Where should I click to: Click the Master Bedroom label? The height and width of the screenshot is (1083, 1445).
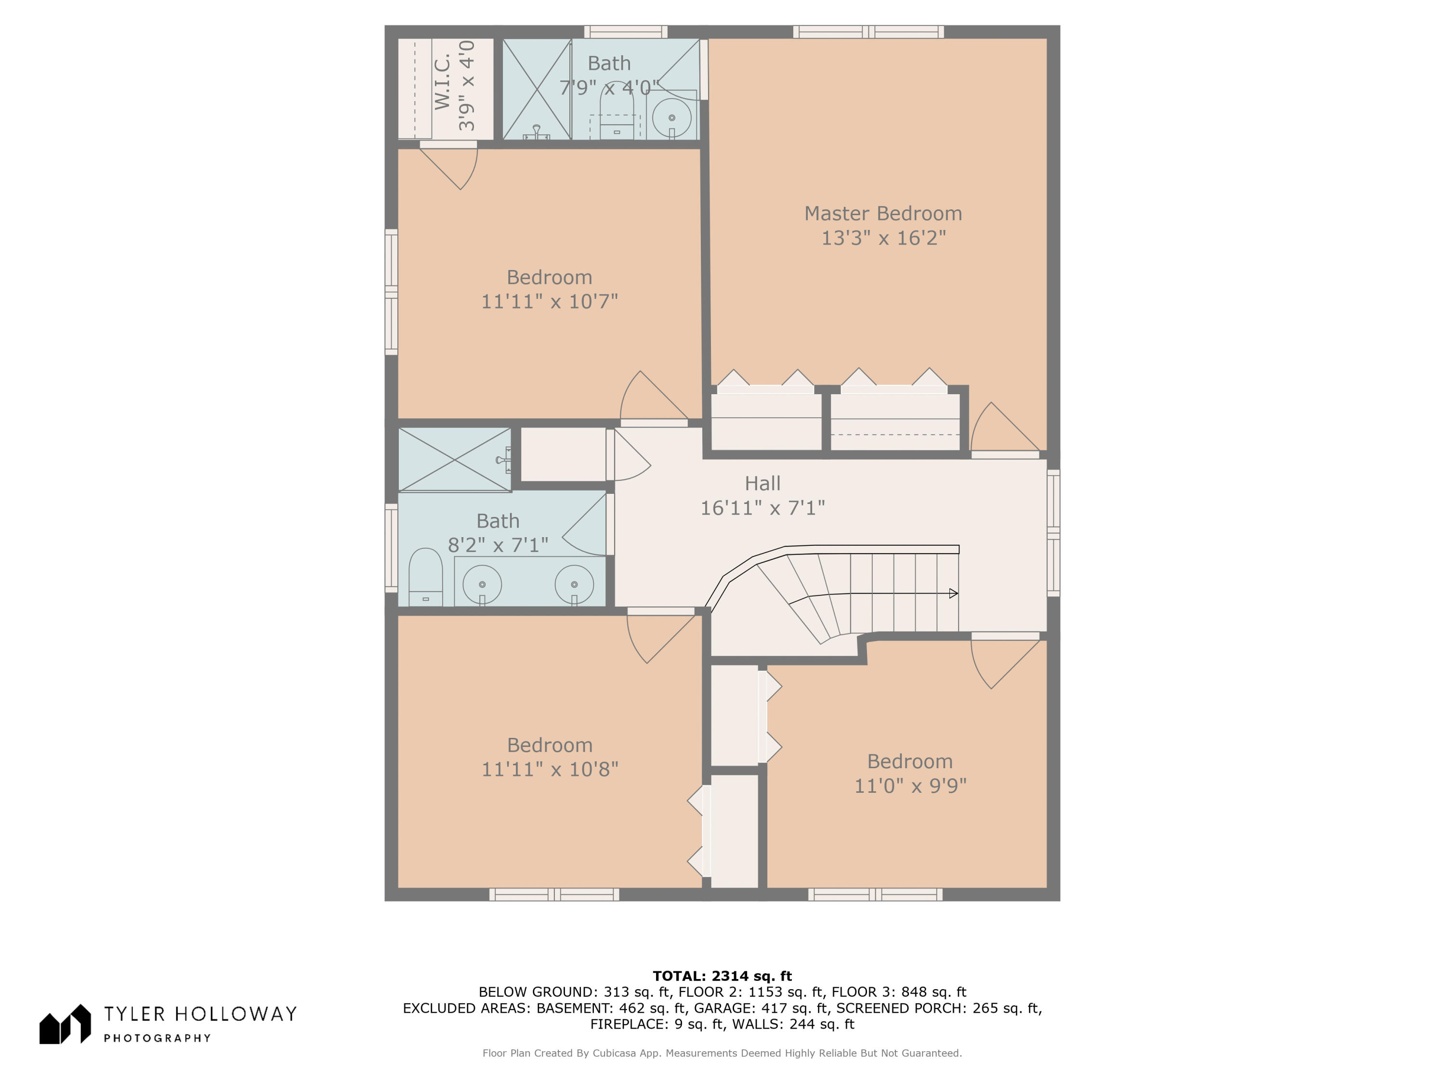point(883,213)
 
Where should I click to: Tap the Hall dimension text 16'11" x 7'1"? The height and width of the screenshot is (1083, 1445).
point(762,508)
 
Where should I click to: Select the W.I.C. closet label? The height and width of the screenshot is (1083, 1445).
point(442,82)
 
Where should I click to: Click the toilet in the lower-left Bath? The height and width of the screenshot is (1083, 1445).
point(425,577)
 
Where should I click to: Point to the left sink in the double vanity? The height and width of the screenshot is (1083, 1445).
point(482,584)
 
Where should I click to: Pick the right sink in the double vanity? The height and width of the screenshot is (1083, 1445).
point(574,584)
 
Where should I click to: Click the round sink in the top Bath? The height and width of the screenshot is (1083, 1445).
point(671,118)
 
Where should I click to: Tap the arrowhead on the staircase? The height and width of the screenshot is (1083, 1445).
point(954,593)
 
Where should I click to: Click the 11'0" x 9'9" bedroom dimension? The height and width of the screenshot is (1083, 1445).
point(910,786)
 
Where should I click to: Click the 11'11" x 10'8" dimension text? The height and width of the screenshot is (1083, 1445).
point(550,769)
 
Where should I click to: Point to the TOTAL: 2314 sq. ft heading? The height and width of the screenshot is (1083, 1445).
point(722,976)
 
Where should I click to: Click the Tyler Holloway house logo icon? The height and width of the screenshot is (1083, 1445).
point(65,1024)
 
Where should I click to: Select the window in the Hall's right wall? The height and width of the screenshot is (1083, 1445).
point(1053,533)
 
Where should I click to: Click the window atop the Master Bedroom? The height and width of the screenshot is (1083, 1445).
point(868,32)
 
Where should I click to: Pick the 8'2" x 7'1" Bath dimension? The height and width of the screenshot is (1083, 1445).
point(498,544)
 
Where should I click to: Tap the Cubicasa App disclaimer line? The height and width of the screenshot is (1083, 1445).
point(722,1053)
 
